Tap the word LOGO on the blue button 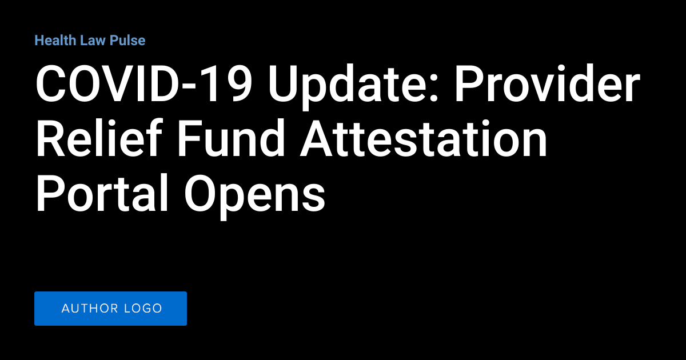[x=145, y=309]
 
